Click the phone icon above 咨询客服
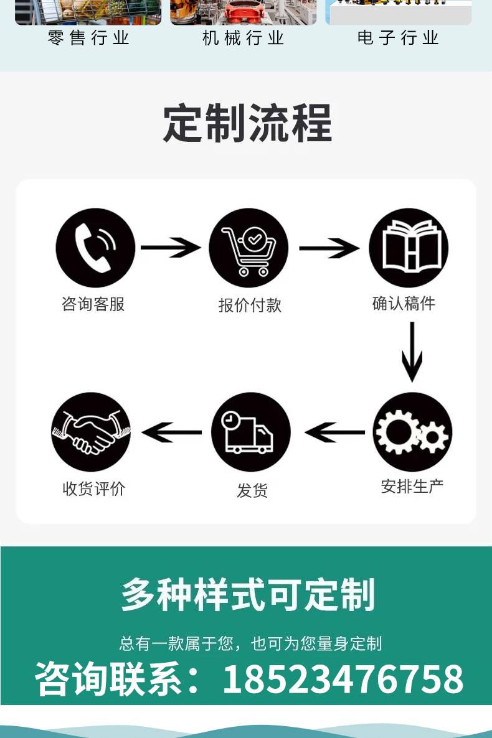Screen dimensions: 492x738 (95, 248)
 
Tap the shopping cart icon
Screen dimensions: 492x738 (248, 248)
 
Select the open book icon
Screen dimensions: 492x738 (409, 248)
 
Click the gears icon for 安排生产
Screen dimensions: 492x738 (412, 432)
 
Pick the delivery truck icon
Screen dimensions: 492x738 (251, 432)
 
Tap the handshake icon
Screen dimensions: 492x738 (91, 432)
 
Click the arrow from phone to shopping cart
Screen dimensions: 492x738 (171, 248)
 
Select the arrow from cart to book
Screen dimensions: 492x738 (329, 248)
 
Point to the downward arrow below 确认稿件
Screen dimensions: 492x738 (412, 352)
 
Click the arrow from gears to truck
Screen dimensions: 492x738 (335, 432)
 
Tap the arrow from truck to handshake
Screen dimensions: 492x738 (171, 432)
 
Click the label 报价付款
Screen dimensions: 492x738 (250, 306)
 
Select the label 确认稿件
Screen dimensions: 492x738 (404, 303)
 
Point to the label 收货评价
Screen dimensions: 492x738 (94, 488)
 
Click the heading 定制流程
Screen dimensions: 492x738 (247, 123)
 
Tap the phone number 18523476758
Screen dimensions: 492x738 (343, 679)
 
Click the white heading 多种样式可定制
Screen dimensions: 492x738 (248, 595)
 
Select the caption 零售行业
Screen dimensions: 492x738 (88, 38)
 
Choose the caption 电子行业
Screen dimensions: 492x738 (398, 38)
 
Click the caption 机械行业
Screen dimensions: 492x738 (243, 38)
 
